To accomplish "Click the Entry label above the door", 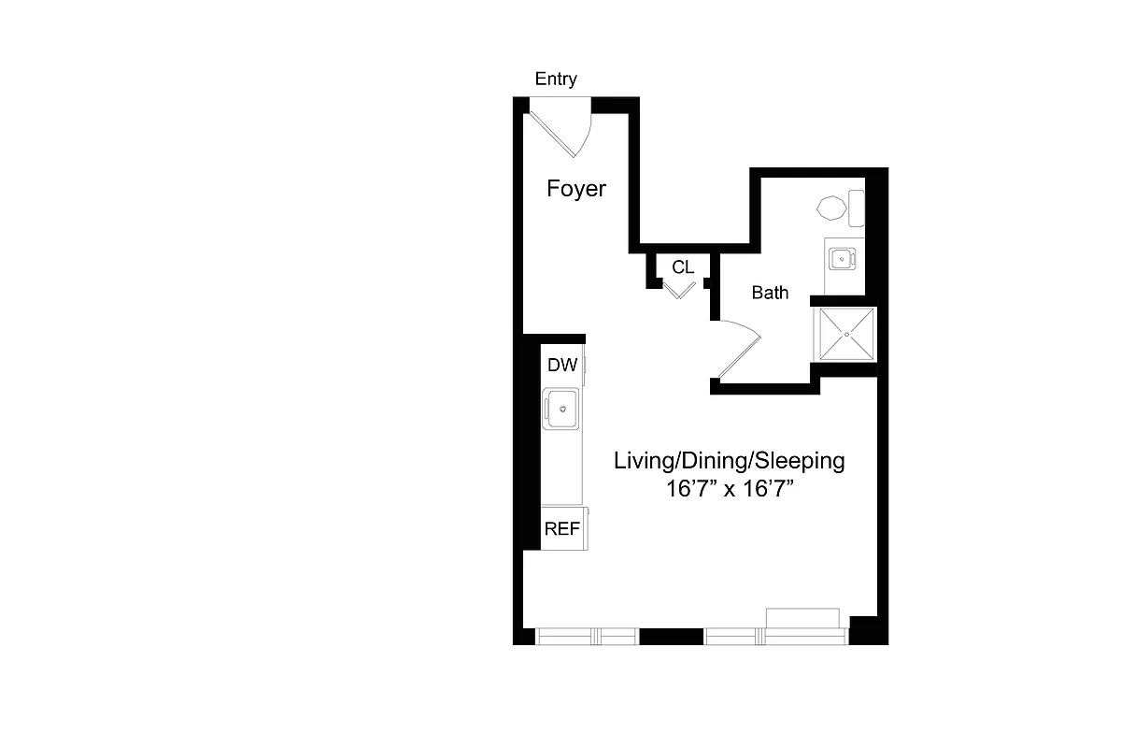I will (x=556, y=79).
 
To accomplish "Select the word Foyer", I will (x=576, y=189).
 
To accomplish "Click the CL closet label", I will (x=683, y=267).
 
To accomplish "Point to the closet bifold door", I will (x=679, y=290).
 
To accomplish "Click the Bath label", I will (x=771, y=293).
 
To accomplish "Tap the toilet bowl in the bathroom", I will (x=830, y=208).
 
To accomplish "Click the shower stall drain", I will (x=847, y=334).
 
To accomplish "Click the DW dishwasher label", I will (x=561, y=366).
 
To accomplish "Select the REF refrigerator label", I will (x=562, y=528).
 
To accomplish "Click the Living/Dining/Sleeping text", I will (x=729, y=461).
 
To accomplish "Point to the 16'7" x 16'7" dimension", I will (x=730, y=488).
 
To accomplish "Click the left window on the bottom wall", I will (x=586, y=637).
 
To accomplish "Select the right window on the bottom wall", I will (x=776, y=637).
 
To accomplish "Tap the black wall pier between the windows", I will (x=671, y=637).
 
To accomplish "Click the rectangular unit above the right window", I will (x=802, y=617).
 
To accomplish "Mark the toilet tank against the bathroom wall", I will (x=856, y=208).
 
